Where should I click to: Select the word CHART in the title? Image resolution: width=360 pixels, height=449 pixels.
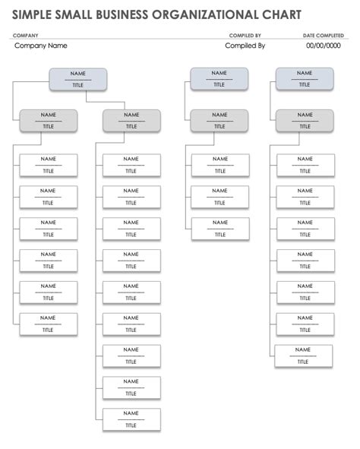280,14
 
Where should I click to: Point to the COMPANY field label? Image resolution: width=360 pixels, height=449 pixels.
26,35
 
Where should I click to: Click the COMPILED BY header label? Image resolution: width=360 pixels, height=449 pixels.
245,35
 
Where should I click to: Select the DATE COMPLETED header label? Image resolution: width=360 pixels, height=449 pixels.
323,35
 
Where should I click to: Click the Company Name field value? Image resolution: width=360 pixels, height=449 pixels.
41,46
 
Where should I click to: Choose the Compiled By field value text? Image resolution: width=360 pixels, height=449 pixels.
245,46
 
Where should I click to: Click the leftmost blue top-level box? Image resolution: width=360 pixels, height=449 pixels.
77,79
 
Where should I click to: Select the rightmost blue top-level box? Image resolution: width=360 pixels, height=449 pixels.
304,79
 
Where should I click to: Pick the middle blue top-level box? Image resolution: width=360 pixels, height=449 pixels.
219,79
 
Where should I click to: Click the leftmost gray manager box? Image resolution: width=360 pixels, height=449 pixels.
48,121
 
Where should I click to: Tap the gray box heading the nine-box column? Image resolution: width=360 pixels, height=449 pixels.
131,121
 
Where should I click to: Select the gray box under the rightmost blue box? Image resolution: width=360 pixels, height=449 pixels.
304,121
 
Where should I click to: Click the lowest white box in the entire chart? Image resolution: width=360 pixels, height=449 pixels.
131,419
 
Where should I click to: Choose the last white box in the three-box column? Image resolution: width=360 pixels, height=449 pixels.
219,229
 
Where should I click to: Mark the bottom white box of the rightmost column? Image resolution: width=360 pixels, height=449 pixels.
303,356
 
